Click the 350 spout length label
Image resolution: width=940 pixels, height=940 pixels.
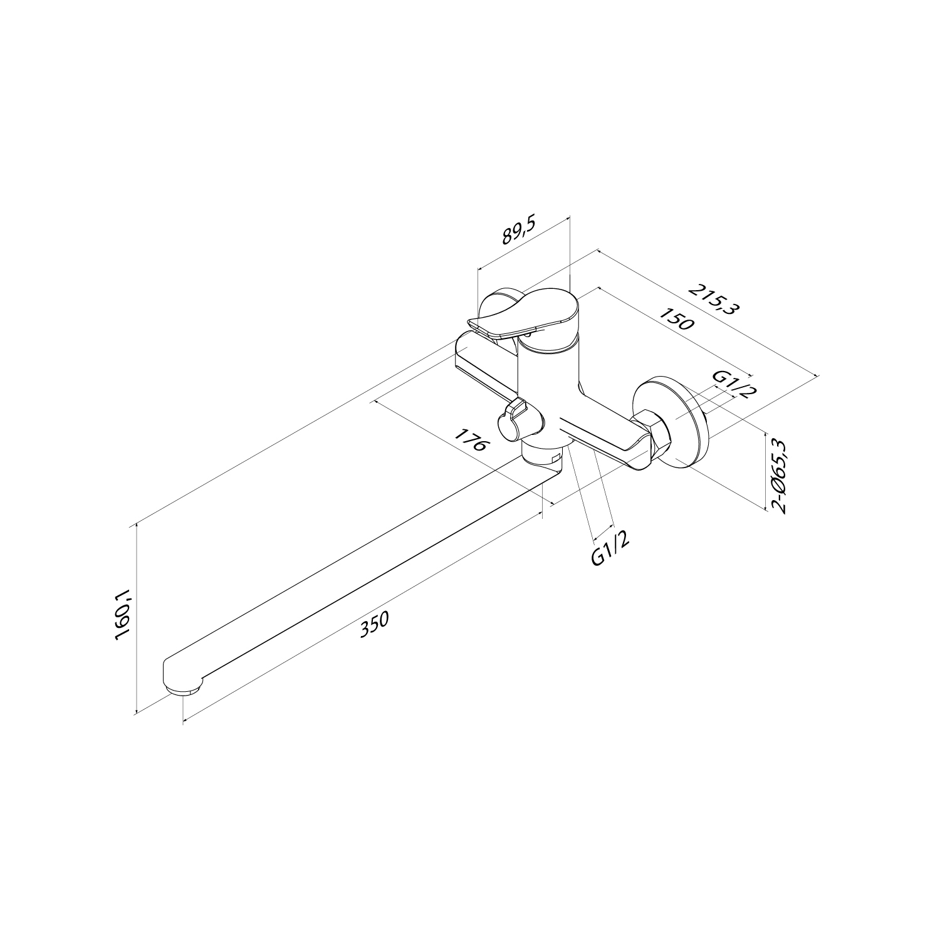click(375, 624)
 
